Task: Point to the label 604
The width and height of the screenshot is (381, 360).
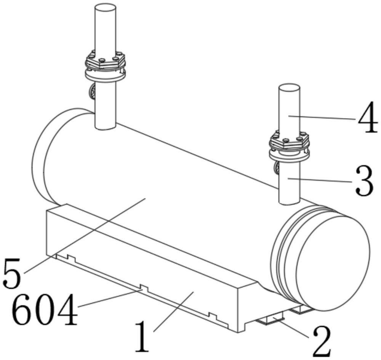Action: tap(45, 310)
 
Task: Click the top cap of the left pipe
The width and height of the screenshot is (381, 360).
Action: tap(105, 9)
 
